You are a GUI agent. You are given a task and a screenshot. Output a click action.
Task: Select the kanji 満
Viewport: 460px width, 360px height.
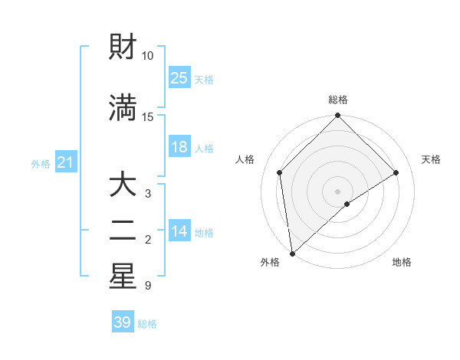pos(123,109)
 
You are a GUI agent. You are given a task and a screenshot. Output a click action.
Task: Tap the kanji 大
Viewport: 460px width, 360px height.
pos(123,185)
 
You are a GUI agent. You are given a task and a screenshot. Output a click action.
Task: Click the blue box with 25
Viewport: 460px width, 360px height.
pos(179,78)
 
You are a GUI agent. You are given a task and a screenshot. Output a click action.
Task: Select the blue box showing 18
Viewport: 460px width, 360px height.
pos(179,147)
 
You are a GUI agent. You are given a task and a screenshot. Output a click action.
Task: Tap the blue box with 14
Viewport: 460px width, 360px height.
pos(179,232)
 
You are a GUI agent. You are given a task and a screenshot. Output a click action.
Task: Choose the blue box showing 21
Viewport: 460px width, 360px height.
pos(66,162)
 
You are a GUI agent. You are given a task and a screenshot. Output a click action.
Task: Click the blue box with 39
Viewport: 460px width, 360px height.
pos(123,322)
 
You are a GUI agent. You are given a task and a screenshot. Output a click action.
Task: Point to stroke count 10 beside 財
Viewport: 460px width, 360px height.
pos(147,56)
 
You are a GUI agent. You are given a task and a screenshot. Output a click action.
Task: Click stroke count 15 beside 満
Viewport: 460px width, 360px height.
pos(147,117)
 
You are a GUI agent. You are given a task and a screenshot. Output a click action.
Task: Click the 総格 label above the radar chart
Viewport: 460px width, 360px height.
pos(338,100)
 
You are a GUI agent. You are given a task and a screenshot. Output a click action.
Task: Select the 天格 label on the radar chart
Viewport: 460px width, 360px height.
pos(431,159)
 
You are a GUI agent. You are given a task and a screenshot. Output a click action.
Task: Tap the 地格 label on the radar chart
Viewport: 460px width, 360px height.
pos(402,262)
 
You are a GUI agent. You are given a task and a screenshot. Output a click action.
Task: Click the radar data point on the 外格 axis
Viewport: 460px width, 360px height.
pos(291,254)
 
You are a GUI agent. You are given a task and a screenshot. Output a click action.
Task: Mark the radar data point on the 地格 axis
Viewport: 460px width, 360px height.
pos(347,204)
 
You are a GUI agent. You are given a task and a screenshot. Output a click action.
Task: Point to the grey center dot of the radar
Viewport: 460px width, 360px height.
pos(338,191)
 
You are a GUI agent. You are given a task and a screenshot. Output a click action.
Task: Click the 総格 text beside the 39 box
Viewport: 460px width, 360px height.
pos(147,324)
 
